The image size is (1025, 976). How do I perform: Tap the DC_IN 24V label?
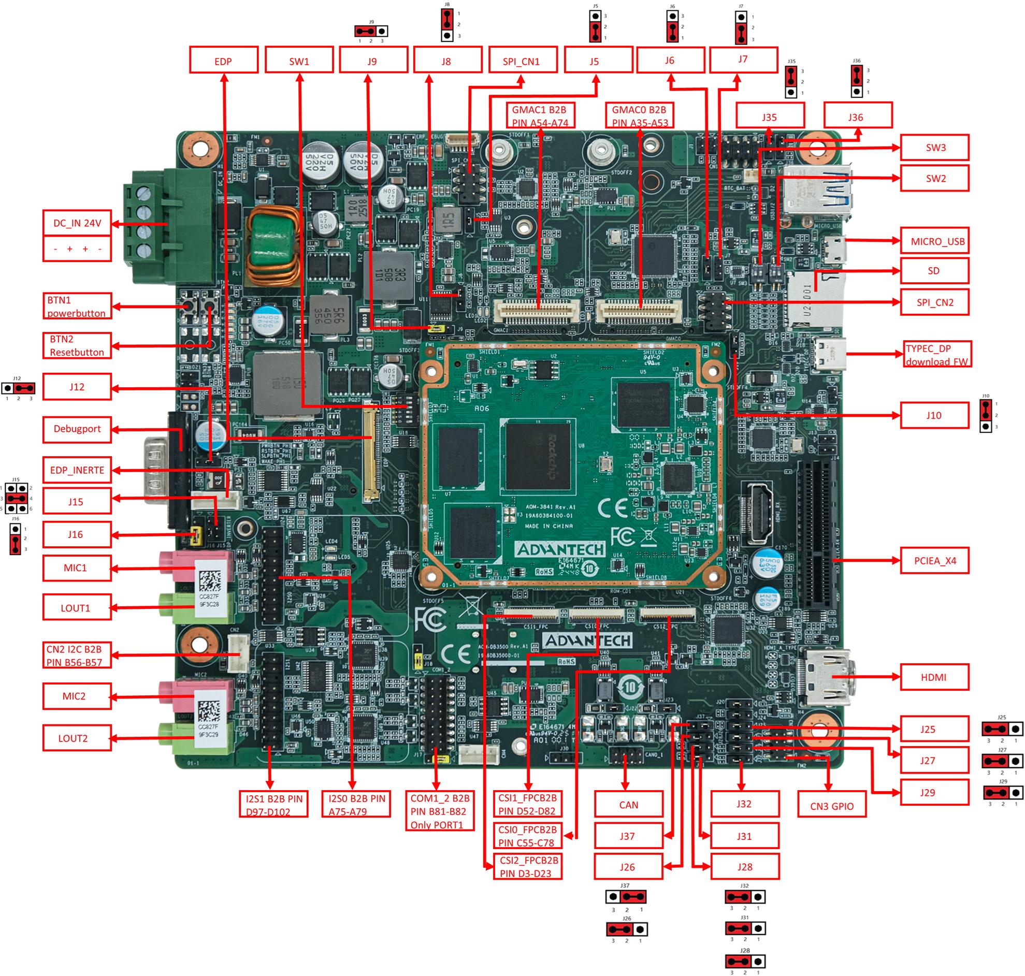pyautogui.click(x=77, y=223)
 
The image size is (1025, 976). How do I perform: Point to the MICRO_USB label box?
pyautogui.click(x=934, y=241)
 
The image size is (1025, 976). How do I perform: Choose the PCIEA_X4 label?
pyautogui.click(x=934, y=560)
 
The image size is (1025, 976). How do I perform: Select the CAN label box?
pyautogui.click(x=629, y=804)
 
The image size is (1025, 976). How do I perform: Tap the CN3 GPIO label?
pyautogui.click(x=831, y=806)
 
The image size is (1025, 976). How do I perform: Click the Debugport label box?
pyautogui.click(x=77, y=429)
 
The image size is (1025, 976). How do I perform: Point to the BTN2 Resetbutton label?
pyautogui.click(x=77, y=345)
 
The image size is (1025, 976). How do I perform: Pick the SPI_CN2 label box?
pyautogui.click(x=934, y=302)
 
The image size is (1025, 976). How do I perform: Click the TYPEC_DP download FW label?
pyautogui.click(x=936, y=354)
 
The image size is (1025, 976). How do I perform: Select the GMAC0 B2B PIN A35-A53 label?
pyautogui.click(x=640, y=115)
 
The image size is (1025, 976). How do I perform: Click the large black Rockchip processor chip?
pyautogui.click(x=539, y=456)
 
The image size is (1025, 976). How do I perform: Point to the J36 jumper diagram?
pyautogui.click(x=857, y=79)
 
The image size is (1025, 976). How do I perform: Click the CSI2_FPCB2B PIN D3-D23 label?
pyautogui.click(x=527, y=867)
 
